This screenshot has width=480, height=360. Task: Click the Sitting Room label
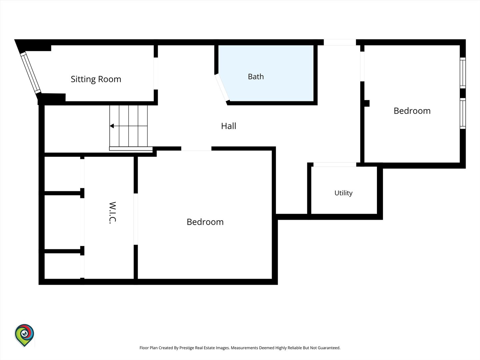point(96,79)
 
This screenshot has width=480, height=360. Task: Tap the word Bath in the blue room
point(256,77)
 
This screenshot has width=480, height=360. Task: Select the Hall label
point(229,126)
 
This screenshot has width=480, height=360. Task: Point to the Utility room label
point(343,193)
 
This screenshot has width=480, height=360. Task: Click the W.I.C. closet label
point(112,212)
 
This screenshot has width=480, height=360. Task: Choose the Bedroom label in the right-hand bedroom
point(412,111)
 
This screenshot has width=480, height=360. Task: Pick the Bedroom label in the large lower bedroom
point(205,222)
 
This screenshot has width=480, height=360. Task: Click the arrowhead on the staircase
point(112,126)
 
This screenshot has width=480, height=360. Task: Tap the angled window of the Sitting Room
point(31,73)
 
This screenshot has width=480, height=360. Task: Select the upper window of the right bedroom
point(463,73)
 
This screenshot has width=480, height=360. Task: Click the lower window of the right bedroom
point(463,113)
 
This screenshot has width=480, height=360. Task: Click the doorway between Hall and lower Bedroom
point(196,149)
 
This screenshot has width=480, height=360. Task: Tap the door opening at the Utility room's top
point(335,164)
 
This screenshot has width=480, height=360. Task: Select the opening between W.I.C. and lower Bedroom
point(136,219)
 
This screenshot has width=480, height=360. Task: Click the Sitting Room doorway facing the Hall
point(156,73)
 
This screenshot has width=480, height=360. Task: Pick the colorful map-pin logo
point(24,335)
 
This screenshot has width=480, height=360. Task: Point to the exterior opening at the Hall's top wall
point(340,42)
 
